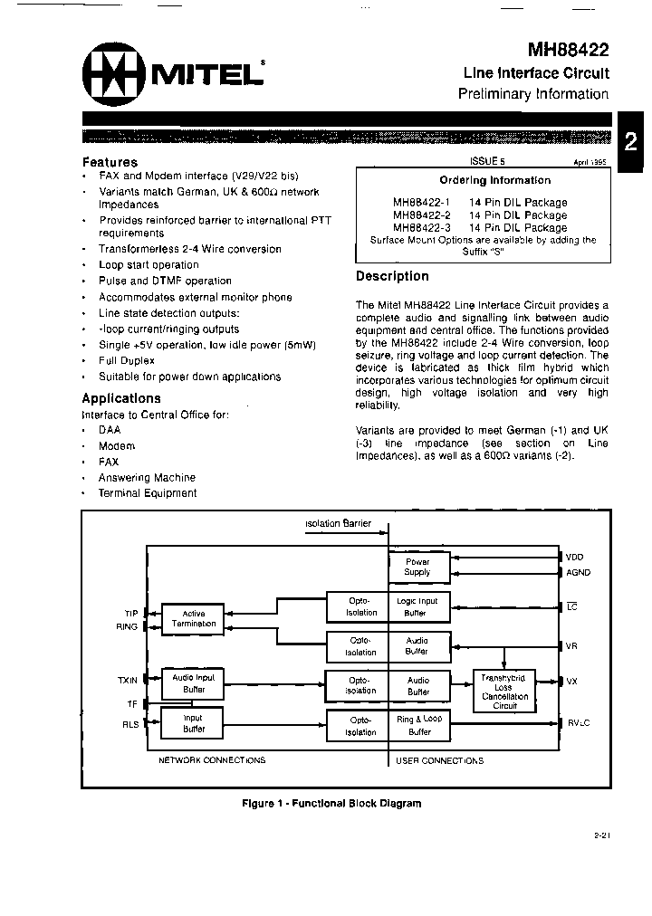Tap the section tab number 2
[x=631, y=140]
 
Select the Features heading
[x=110, y=162]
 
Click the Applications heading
[x=121, y=398]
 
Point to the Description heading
[x=392, y=276]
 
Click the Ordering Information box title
[x=483, y=180]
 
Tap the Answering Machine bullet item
[x=147, y=477]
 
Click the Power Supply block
[x=417, y=567]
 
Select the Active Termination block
[x=194, y=618]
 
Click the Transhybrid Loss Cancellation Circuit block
[x=504, y=691]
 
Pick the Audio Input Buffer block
[x=194, y=683]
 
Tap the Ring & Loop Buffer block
[x=418, y=725]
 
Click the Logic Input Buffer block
[x=417, y=606]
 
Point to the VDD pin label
[x=576, y=556]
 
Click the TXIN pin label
[x=127, y=679]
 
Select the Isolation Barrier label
[x=338, y=524]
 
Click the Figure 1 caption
[x=331, y=803]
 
